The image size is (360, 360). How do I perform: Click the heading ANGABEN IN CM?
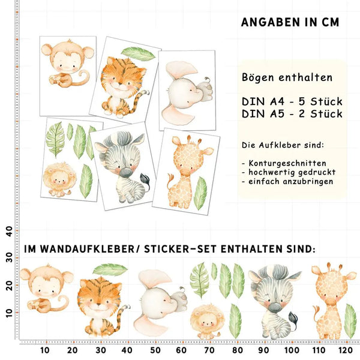point(290,22)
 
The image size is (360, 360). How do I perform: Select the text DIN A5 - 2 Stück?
point(292,113)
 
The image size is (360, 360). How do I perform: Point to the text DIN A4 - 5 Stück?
point(292,101)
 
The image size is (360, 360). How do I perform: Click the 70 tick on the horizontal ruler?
point(209,350)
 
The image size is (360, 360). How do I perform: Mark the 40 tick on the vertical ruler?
point(9,230)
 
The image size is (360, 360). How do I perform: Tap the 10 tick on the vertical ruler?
point(9,312)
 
